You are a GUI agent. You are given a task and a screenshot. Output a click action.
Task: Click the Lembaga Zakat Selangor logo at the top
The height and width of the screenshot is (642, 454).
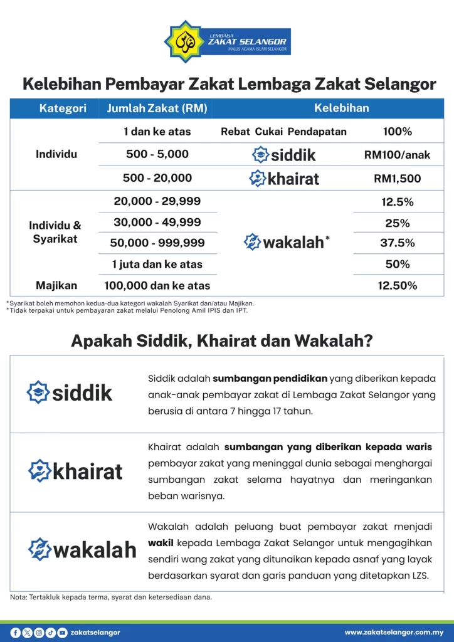226,41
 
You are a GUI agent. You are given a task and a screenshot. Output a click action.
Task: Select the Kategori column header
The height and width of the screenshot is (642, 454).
63,108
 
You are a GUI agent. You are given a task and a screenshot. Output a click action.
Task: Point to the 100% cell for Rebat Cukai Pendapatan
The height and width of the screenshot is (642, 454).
397,132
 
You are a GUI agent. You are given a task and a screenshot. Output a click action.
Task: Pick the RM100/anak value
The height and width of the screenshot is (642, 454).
397,155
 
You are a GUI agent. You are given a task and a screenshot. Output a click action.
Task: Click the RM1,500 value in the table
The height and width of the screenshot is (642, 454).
397,179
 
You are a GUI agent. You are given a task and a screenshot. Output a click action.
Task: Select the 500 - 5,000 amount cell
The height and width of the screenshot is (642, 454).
157,154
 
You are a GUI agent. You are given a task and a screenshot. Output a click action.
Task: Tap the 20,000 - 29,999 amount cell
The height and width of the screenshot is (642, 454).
157,201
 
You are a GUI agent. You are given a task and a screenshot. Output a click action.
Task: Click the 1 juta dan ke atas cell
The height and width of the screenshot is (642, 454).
157,264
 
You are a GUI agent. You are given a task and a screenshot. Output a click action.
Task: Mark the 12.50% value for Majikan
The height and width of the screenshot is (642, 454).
397,286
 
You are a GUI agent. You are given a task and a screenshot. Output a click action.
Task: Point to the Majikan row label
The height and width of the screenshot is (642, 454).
56,286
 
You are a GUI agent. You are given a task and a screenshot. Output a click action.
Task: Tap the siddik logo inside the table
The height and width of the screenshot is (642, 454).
283,155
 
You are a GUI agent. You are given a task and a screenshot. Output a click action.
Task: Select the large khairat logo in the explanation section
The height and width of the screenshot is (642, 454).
75,471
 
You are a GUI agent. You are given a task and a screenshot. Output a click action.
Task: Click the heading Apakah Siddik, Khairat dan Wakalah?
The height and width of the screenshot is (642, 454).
223,341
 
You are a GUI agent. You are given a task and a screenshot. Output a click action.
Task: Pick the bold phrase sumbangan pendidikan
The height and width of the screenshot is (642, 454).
270,378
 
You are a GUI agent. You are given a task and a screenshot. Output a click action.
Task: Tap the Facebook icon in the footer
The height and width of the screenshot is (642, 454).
16,633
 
